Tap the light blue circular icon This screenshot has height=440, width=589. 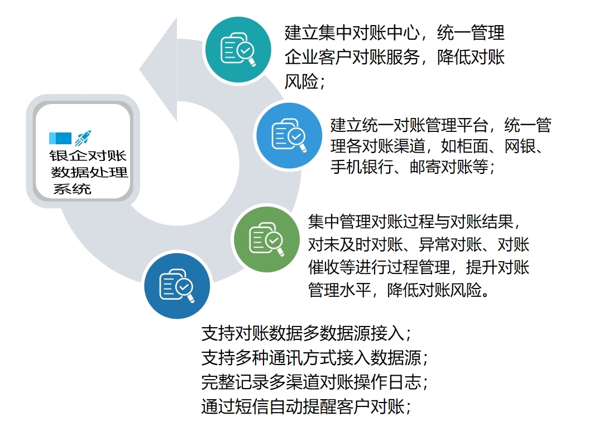click(289, 135)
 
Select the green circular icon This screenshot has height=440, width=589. click(266, 239)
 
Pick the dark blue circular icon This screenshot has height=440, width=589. click(176, 286)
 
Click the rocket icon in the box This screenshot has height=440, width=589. click(83, 138)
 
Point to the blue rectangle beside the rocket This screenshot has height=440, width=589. click(60, 138)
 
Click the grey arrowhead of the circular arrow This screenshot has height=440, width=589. click(159, 69)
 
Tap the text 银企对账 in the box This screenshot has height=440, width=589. click(88, 155)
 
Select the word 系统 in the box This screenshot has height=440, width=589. click(72, 189)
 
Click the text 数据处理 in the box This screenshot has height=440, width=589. click(89, 172)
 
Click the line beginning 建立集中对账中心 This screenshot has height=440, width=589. click(394, 33)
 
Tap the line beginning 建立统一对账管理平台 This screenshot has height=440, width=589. click(441, 125)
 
